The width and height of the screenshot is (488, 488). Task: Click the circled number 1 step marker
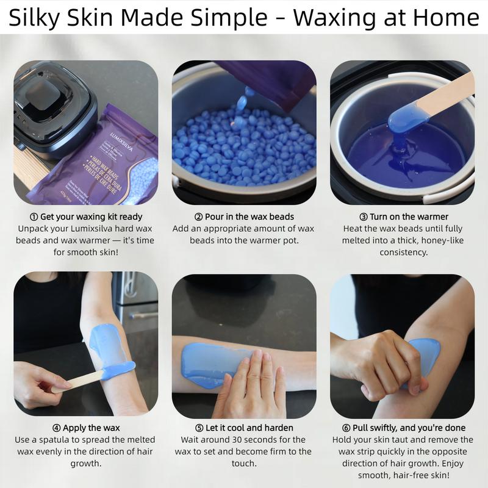[34, 217]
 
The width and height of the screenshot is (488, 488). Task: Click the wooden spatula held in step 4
[79, 380]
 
